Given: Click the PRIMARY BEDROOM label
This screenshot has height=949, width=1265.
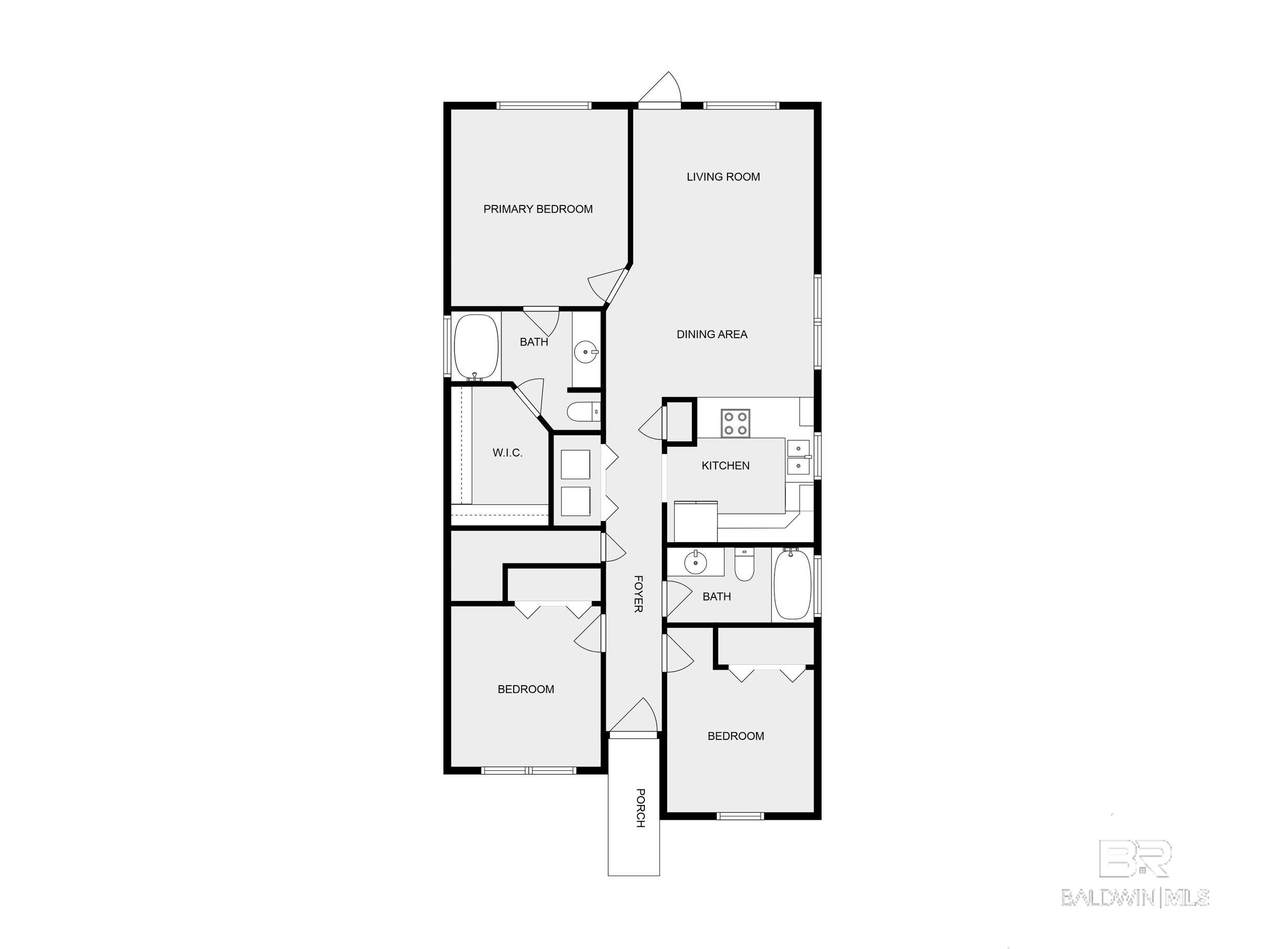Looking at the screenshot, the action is (537, 209).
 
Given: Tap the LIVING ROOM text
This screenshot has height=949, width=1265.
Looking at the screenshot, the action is (723, 177).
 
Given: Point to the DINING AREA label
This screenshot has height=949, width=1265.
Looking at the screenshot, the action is (711, 335).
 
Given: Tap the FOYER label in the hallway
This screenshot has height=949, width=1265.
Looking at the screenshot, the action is (638, 594).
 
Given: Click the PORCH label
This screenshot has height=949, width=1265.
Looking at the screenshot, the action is (641, 808).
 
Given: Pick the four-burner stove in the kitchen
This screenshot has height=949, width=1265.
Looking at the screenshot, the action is (735, 424).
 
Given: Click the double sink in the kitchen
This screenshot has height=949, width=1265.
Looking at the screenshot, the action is (798, 457).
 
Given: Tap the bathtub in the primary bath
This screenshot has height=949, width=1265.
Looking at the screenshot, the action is (476, 346).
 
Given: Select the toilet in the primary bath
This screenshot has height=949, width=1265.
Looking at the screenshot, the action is (583, 412).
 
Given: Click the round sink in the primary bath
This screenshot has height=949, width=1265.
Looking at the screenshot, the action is (586, 351).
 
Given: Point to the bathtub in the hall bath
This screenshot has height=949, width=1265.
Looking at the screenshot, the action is (793, 583).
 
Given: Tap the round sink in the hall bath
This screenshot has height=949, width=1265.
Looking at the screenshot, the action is (695, 562).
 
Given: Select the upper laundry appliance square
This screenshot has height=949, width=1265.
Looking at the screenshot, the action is (575, 465).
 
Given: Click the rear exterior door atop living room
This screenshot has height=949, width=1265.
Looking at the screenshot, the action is (659, 90).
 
